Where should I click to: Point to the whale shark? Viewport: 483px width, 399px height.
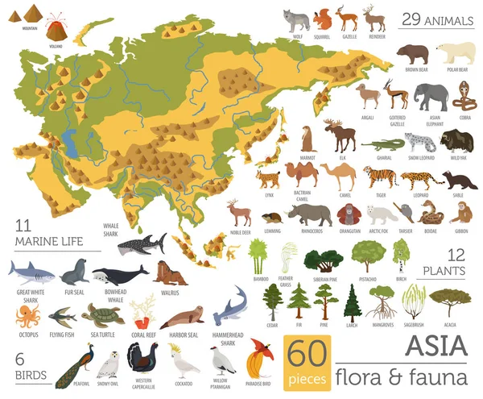click(x=141, y=243)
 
